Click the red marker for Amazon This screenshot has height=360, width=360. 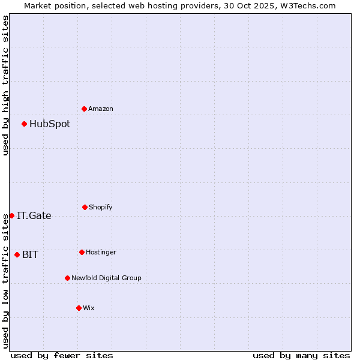click(85, 109)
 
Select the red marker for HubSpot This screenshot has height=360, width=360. click(25, 124)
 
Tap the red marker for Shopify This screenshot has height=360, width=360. click(85, 207)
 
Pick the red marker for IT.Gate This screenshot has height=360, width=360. click(11, 215)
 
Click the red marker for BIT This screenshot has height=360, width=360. click(17, 254)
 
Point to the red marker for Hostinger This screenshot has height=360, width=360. click(82, 252)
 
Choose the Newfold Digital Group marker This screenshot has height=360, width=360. click(67, 278)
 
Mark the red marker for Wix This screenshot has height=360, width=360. click(79, 308)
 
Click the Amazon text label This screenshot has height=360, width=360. click(101, 109)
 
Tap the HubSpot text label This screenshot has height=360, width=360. click(50, 124)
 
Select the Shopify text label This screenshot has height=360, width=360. click(101, 207)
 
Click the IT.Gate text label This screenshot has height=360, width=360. click(34, 216)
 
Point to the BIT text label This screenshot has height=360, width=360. click(30, 255)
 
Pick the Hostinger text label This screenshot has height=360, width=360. click(101, 252)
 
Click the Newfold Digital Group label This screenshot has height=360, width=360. click(106, 278)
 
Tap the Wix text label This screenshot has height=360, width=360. click(89, 308)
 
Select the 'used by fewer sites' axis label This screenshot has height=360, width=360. click(62, 355)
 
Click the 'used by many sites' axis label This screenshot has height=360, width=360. click(301, 355)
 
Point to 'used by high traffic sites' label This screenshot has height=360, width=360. click(5, 85)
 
